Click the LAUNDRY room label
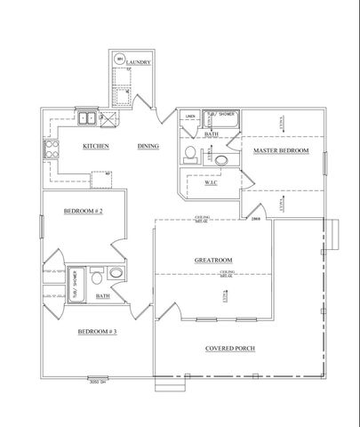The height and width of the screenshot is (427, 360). tap(139, 62)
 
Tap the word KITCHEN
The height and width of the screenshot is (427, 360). tap(96, 145)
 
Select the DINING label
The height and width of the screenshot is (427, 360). tap(148, 145)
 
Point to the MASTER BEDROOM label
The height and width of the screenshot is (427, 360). tap(281, 151)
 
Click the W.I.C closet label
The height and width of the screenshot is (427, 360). tap(212, 185)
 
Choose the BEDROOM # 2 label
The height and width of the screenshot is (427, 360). tap(84, 211)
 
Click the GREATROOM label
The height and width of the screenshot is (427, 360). tap(213, 261)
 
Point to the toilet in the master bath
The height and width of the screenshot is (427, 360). tap(189, 154)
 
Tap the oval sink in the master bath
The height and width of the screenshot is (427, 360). tap(220, 158)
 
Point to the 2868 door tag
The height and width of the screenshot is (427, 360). tap(256, 217)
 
